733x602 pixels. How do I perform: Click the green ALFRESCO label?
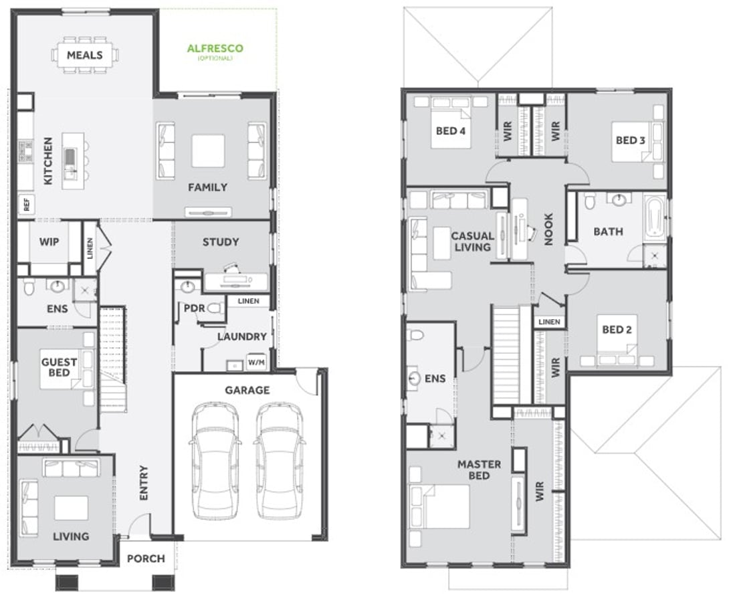click(215, 48)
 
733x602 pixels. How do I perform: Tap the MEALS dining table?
click(85, 55)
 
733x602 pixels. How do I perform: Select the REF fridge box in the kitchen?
click(26, 204)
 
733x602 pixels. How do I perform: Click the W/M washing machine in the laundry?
click(255, 362)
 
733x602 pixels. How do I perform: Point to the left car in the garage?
click(215, 460)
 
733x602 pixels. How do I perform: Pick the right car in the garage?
click(280, 460)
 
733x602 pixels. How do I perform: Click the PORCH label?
click(146, 559)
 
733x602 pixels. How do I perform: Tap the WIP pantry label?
click(49, 241)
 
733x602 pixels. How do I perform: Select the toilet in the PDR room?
click(215, 308)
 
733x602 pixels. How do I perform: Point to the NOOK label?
click(549, 229)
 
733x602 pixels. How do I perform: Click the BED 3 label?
click(630, 140)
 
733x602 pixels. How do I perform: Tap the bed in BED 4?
click(451, 122)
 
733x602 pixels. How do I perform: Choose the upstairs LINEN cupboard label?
click(549, 322)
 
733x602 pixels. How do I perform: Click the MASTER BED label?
click(479, 470)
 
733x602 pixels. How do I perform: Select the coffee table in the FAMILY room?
click(208, 150)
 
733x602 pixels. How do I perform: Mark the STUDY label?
click(221, 241)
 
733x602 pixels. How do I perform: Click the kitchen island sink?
click(70, 157)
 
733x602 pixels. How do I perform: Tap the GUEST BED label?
click(59, 367)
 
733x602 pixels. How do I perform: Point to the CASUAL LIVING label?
click(473, 241)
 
